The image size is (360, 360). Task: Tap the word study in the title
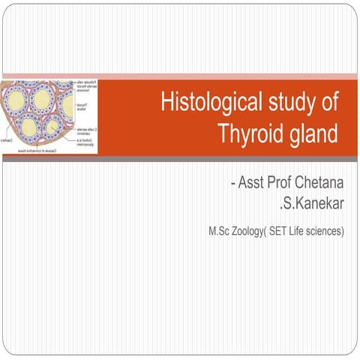point(289,103)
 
